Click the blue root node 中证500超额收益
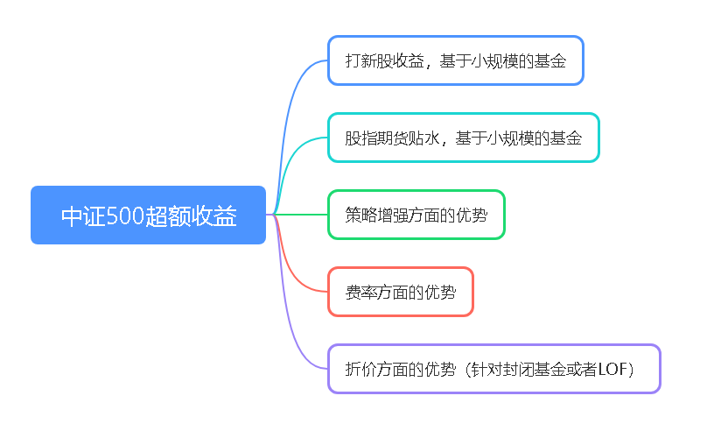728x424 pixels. tap(148, 215)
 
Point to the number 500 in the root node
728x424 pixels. tap(125, 216)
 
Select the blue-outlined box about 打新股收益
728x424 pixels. tap(456, 60)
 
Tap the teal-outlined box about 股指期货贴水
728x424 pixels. tap(464, 138)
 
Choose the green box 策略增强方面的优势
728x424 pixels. tap(416, 215)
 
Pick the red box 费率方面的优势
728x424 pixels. tap(400, 292)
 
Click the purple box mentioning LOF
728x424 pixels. tap(494, 369)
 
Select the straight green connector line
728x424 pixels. tap(301, 215)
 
